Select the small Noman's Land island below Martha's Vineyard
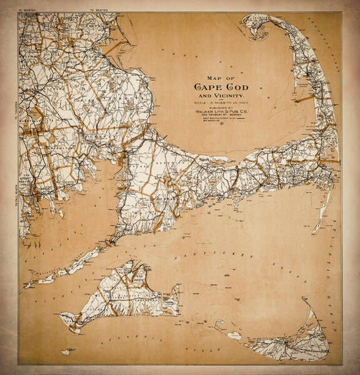(66, 352)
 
